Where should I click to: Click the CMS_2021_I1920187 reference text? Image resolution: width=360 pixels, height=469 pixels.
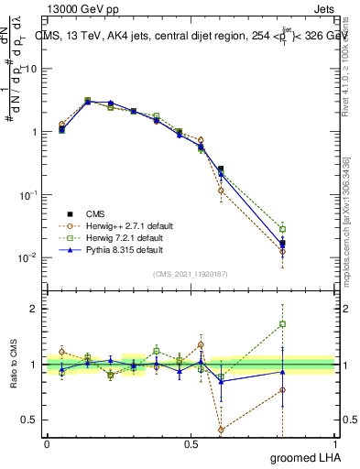[191, 273]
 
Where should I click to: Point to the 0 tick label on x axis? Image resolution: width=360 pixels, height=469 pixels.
[47, 443]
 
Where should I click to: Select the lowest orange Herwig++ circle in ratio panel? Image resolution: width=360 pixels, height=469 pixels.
[221, 429]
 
